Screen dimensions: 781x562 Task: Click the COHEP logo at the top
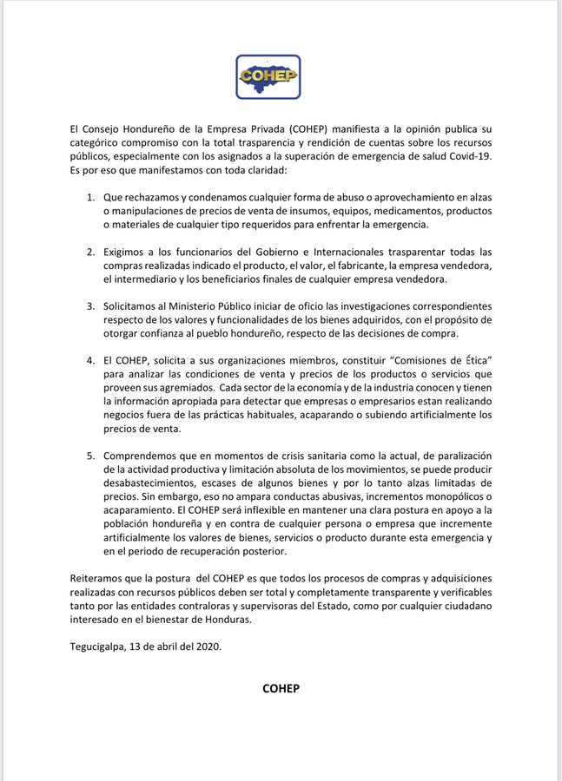pyautogui.click(x=268, y=76)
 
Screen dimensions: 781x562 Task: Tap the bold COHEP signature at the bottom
pyautogui.click(x=281, y=688)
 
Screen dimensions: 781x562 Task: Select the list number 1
pyautogui.click(x=91, y=199)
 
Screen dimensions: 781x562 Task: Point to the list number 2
pyautogui.click(x=91, y=252)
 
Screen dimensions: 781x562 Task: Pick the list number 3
pyautogui.click(x=91, y=306)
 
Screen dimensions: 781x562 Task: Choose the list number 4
pyautogui.click(x=91, y=360)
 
